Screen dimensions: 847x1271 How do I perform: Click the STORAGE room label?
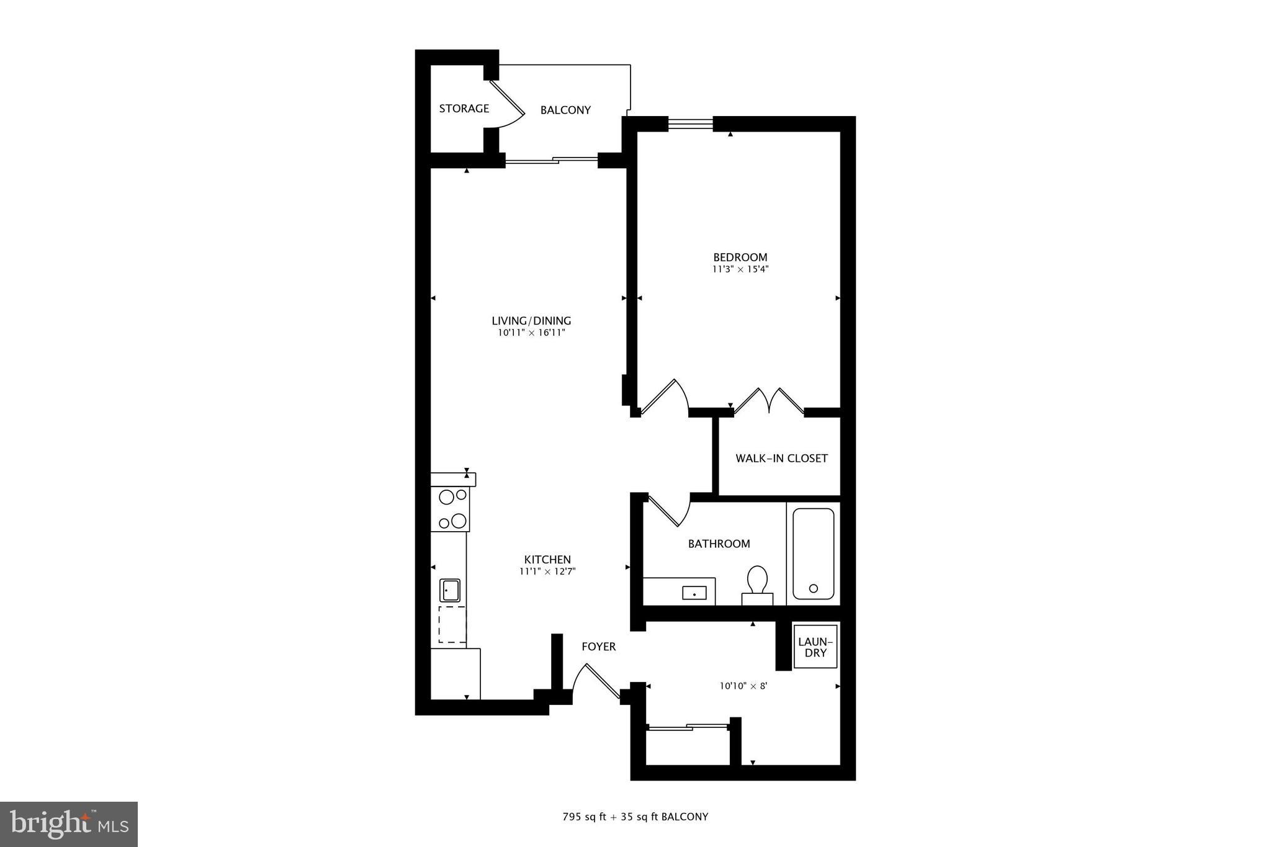464,109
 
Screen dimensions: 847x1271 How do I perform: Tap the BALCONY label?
565,110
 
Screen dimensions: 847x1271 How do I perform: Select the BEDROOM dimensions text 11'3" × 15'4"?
740,270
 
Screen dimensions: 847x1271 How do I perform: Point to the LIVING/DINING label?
531,321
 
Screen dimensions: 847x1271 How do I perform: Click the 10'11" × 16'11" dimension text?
531,333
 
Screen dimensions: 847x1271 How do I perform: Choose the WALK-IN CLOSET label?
781,459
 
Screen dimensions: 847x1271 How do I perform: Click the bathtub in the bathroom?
813,553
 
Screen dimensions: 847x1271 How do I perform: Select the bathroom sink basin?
694,593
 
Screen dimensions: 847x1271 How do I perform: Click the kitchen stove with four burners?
451,509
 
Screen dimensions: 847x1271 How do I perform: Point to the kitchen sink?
450,589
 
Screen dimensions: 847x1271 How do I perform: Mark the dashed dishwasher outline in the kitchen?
452,624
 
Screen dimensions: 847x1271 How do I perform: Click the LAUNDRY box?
815,647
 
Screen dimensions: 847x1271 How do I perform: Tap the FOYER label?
598,647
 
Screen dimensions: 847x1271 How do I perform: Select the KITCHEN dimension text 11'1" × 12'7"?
547,572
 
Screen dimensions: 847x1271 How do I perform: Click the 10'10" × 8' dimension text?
743,686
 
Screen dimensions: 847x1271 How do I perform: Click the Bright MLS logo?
69,824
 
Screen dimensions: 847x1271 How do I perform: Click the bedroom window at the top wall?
690,124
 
